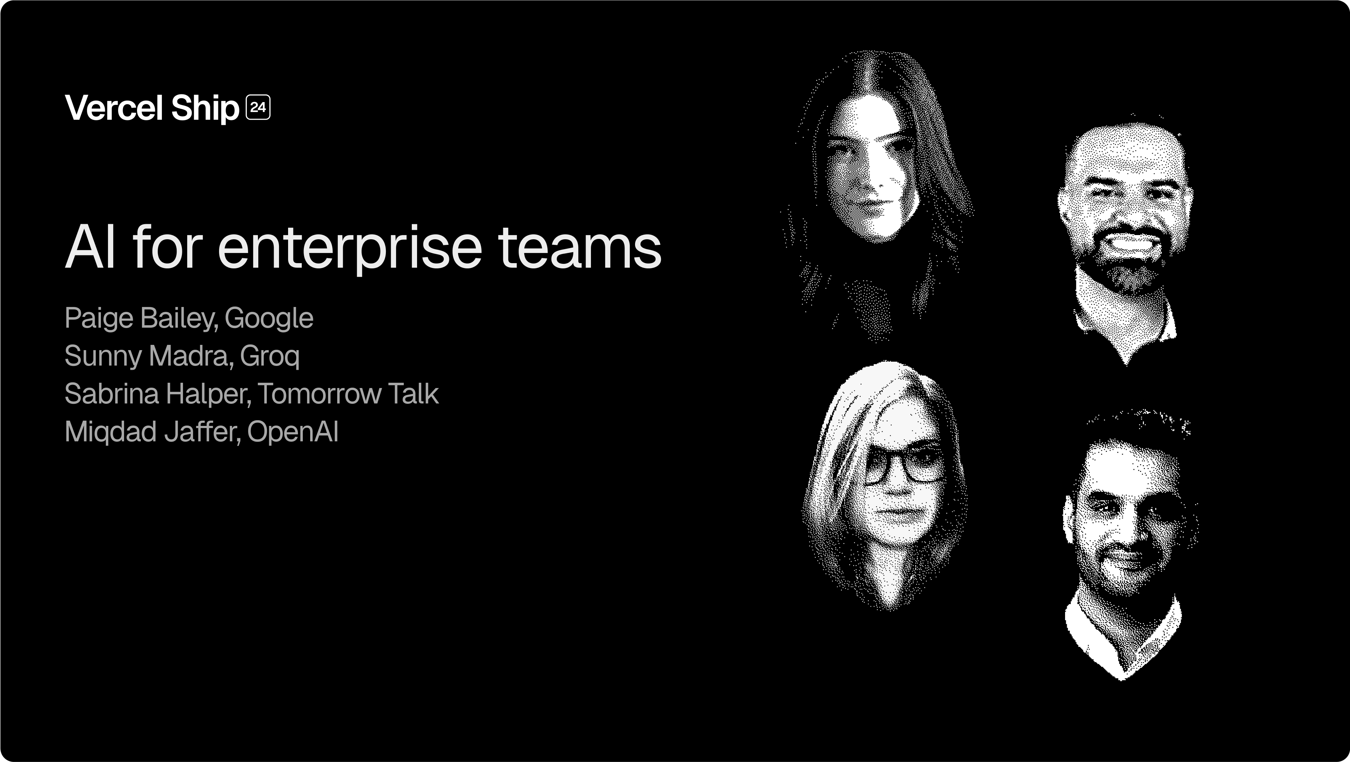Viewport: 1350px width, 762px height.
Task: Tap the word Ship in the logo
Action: pos(205,108)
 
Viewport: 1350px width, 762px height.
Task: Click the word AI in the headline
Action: pos(90,247)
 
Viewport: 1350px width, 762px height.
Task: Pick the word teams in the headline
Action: pos(580,248)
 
